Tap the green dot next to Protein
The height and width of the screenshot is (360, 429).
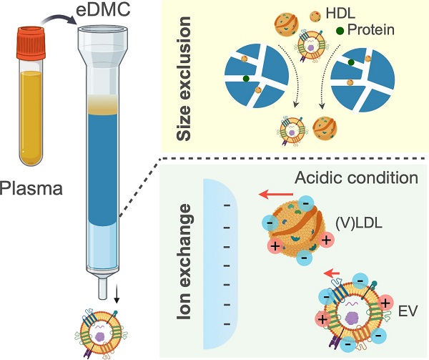coord(340,31)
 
